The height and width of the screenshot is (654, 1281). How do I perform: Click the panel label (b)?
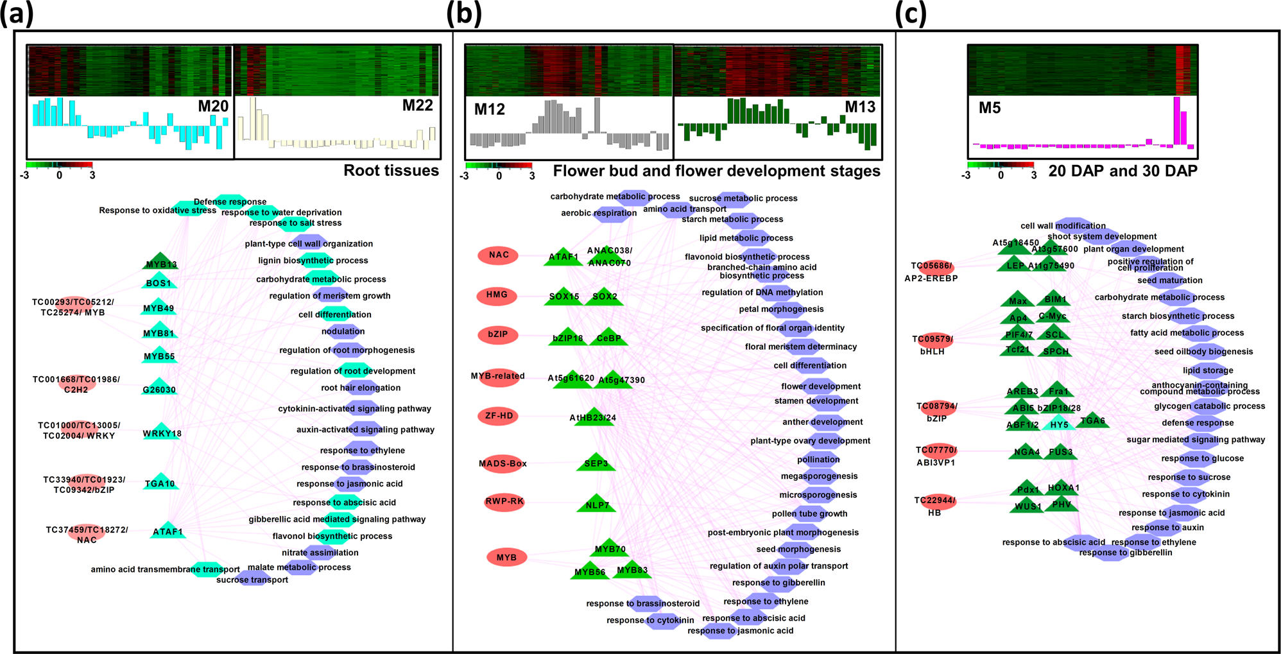tap(463, 14)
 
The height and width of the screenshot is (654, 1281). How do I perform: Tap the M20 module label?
tap(213, 107)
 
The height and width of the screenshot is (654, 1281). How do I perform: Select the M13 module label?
tap(860, 107)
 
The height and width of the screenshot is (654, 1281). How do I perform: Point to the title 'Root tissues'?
tap(391, 171)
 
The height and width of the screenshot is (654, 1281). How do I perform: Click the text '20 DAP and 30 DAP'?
tap(1122, 171)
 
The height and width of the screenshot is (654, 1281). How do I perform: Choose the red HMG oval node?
tap(497, 295)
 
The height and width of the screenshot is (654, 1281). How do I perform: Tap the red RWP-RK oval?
tap(504, 502)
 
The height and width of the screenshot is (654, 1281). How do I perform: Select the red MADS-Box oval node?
tap(503, 463)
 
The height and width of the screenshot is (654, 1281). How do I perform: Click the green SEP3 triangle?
tap(596, 462)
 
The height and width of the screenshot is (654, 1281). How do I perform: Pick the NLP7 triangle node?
tap(596, 504)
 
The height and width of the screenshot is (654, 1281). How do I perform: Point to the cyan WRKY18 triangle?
tap(162, 431)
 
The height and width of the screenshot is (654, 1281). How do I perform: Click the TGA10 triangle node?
tap(160, 482)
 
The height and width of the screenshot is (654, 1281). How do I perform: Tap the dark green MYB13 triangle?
tap(161, 261)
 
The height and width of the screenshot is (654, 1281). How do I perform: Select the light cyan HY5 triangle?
tap(1059, 423)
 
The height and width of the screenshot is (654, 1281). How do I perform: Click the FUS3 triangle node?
tap(1060, 451)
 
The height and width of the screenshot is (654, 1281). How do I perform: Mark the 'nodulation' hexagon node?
tap(343, 332)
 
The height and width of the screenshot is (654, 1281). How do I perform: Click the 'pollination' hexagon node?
tap(818, 460)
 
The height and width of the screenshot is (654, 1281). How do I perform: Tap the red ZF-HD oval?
tap(499, 416)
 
